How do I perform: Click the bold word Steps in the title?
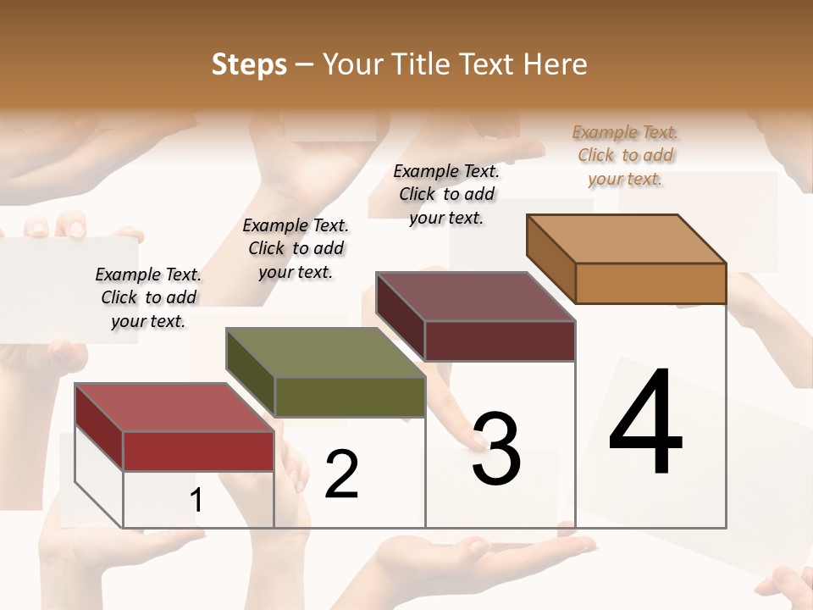[x=249, y=64]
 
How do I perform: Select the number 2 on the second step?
[x=342, y=474]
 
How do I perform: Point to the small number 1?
[x=196, y=501]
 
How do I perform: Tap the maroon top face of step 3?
[x=475, y=297]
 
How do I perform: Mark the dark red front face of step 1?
[x=198, y=451]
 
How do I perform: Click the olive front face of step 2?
[x=350, y=396]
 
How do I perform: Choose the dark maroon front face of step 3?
[x=500, y=341]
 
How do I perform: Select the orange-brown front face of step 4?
[x=650, y=283]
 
